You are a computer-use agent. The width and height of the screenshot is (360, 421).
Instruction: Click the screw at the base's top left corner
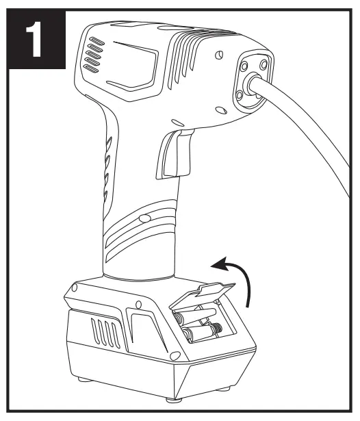tap(74, 288)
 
